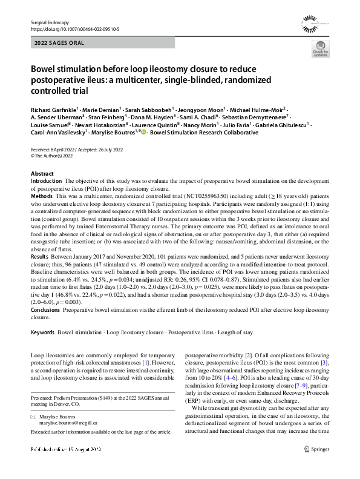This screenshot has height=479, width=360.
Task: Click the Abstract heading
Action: pos(42,173)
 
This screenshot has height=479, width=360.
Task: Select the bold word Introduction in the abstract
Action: pos(46,181)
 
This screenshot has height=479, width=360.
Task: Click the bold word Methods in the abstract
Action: pos(41,197)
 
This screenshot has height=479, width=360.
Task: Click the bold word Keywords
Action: pos(43,332)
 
